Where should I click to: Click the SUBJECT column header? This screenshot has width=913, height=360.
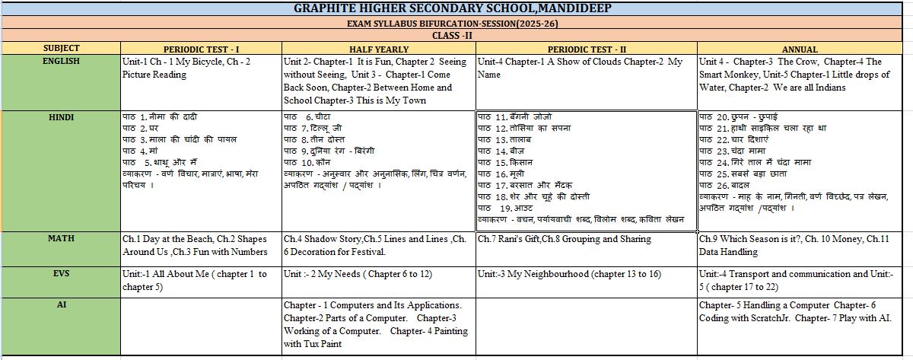(x=61, y=48)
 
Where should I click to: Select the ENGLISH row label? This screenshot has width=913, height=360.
(x=61, y=61)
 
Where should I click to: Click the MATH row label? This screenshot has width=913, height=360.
(x=61, y=239)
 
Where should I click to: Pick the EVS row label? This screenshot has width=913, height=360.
(x=61, y=272)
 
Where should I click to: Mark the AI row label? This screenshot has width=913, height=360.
(x=61, y=304)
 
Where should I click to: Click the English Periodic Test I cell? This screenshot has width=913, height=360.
(x=200, y=68)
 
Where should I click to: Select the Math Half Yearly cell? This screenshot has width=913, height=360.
(x=377, y=245)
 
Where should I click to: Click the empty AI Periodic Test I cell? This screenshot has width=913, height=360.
(x=200, y=326)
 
